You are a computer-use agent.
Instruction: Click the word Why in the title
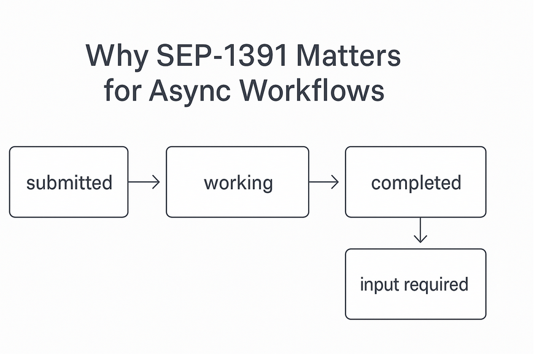(x=117, y=57)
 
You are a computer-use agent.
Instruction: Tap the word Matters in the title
(x=349, y=57)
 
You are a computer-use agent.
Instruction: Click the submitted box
(x=69, y=182)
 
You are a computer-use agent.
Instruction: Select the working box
(x=238, y=182)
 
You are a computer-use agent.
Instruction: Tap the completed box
(x=416, y=182)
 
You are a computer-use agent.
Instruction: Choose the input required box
(x=416, y=284)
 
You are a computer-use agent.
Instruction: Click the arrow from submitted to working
(x=144, y=182)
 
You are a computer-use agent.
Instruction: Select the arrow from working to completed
(x=324, y=182)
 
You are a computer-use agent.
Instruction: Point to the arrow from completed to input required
(x=420, y=230)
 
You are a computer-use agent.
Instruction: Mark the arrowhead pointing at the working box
(x=156, y=182)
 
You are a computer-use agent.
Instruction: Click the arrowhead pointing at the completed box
(x=335, y=182)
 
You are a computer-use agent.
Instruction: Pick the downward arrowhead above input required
(x=420, y=239)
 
